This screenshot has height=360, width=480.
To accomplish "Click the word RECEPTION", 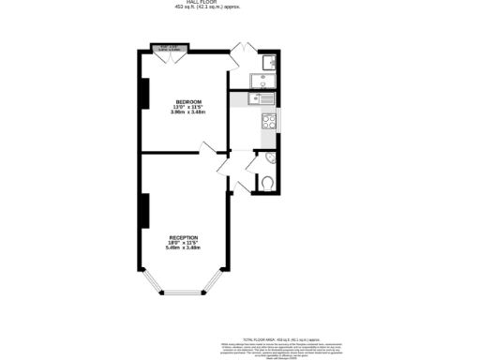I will click(184, 237).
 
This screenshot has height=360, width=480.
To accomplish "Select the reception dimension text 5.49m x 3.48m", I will click(184, 248).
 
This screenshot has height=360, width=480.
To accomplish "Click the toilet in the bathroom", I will click(266, 183).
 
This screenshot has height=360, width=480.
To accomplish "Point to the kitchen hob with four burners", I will click(268, 120).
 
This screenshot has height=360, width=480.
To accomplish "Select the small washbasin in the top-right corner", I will click(268, 63).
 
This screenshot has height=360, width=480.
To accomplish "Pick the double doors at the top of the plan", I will click(244, 47).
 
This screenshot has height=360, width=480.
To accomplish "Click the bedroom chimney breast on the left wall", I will click(143, 94).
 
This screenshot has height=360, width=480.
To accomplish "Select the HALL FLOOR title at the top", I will click(240, 3).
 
